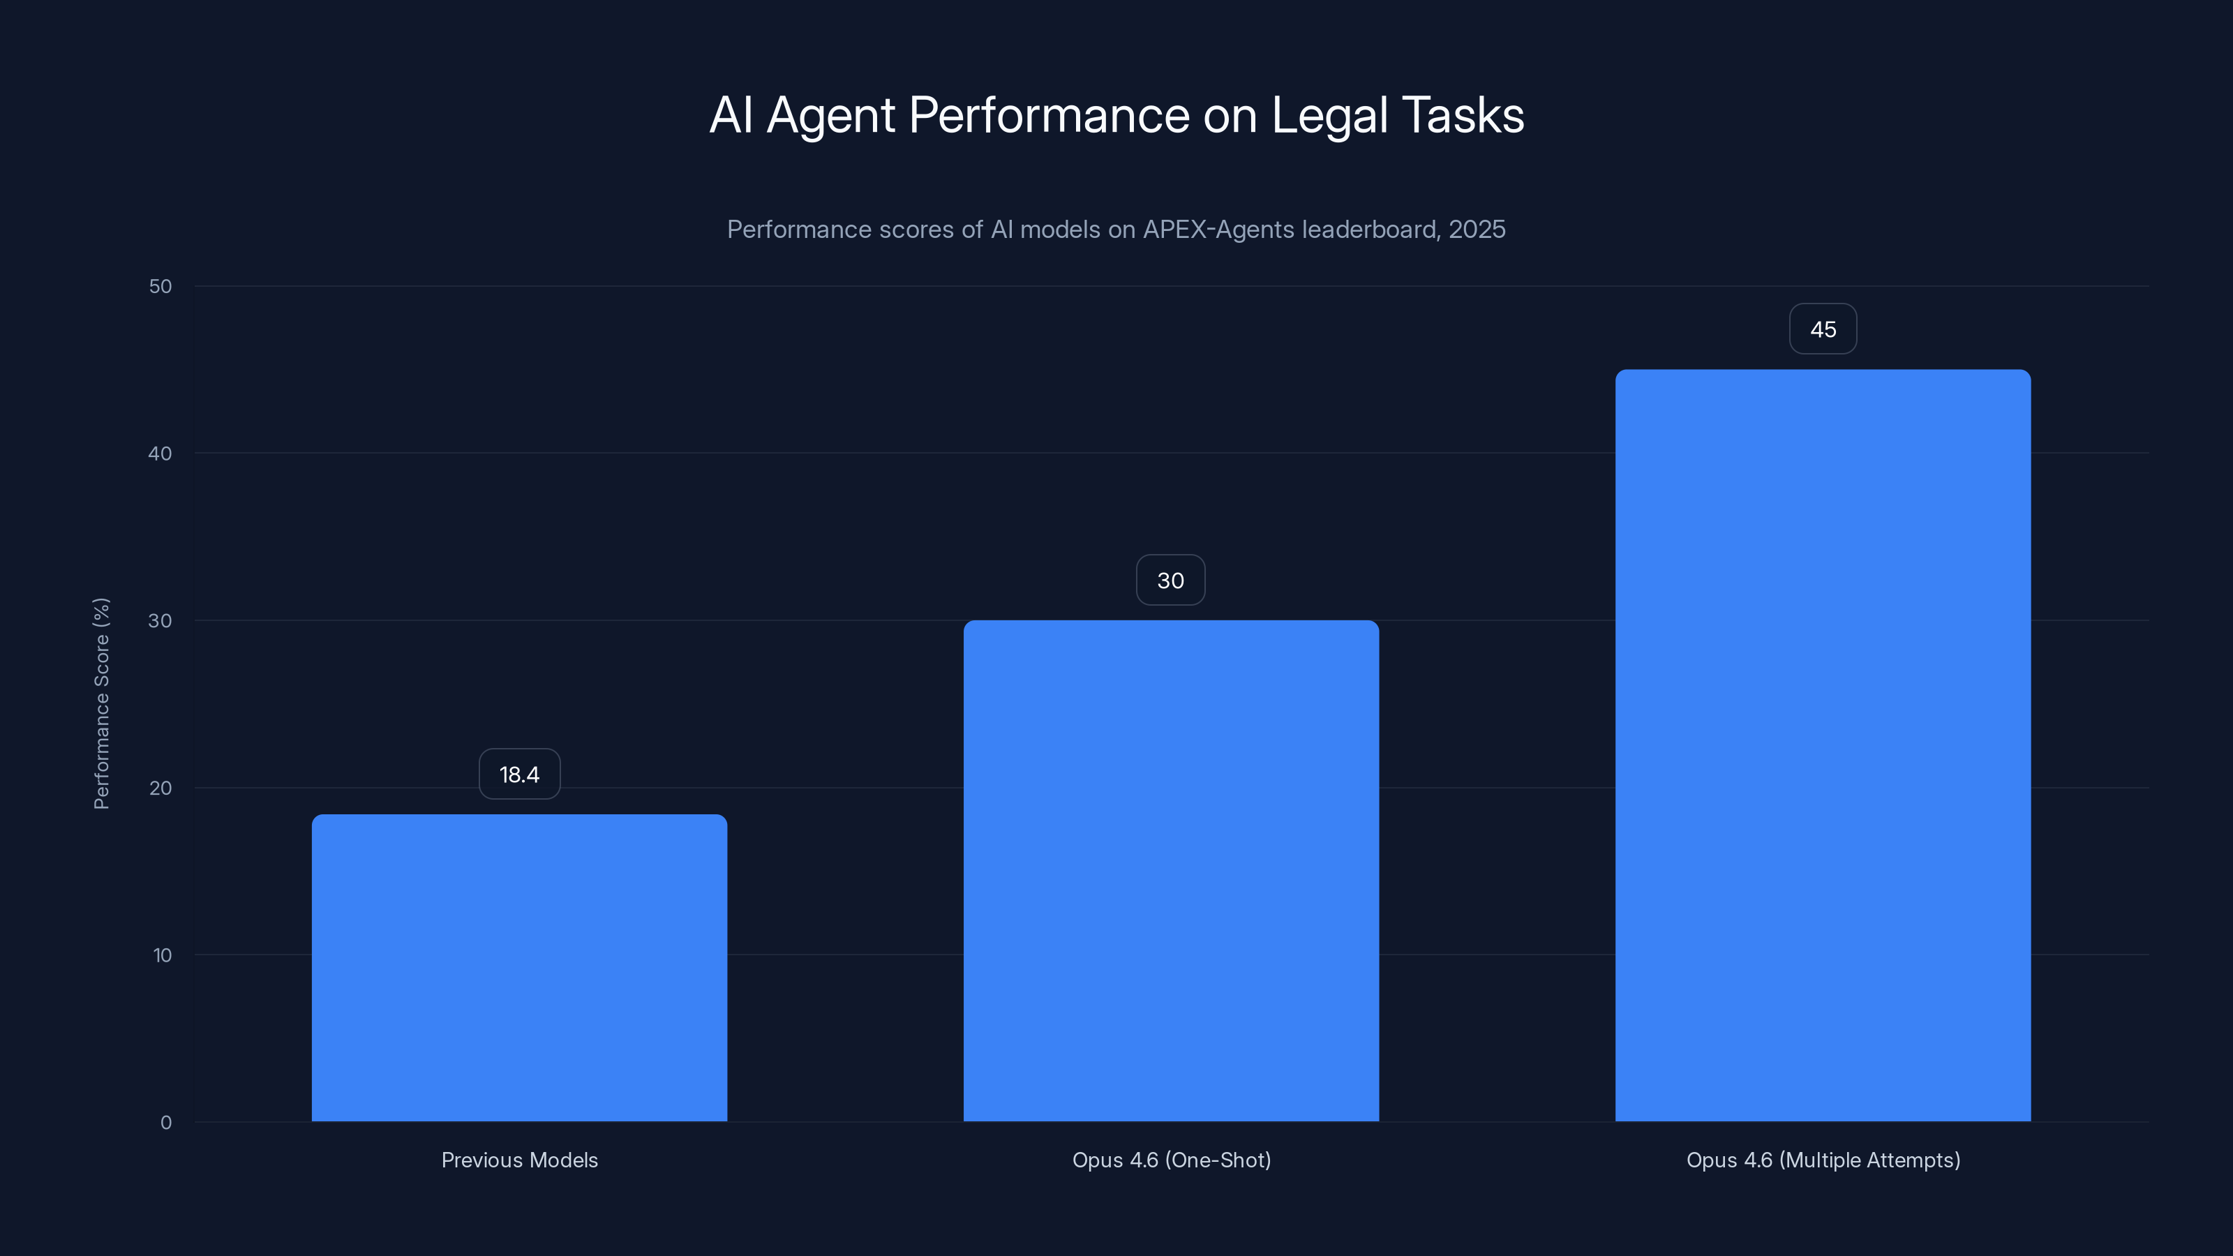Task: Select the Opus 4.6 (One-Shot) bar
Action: pos(1171,870)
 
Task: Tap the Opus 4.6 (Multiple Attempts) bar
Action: pos(1823,745)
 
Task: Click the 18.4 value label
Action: pos(519,774)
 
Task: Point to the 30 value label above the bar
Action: pos(1170,580)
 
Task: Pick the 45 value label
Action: pos(1823,329)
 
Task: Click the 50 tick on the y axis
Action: pos(160,286)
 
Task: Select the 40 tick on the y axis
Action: pos(160,454)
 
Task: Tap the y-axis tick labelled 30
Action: pos(160,620)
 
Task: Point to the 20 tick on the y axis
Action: pos(160,788)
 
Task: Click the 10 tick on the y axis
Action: pos(162,955)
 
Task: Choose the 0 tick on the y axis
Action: pos(165,1123)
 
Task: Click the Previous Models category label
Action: pos(519,1160)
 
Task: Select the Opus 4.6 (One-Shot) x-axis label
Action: pos(1171,1160)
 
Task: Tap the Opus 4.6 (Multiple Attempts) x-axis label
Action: pos(1823,1160)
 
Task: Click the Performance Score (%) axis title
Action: pos(101,703)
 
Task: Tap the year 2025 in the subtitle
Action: pos(1477,230)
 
